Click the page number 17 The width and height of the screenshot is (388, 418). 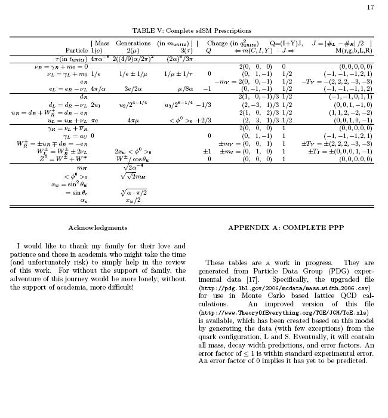pyautogui.click(x=370, y=7)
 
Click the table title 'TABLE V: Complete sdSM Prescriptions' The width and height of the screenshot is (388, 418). pyautogui.click(x=192, y=30)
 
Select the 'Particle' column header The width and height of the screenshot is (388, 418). pyautogui.click(x=76, y=51)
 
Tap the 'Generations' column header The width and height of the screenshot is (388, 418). pyautogui.click(x=133, y=43)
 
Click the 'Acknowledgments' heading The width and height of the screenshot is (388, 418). pyautogui.click(x=97, y=228)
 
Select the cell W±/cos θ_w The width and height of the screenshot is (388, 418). pyautogui.click(x=133, y=159)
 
